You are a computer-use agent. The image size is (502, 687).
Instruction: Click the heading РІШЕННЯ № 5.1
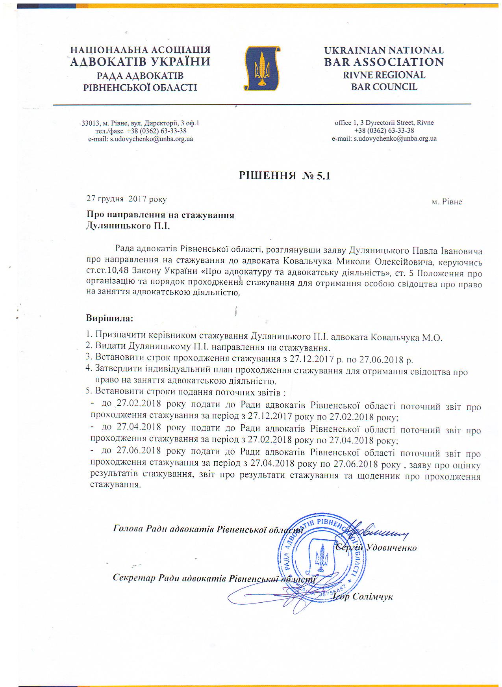pos(284,176)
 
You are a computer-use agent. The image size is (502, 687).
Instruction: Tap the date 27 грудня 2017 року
pos(126,199)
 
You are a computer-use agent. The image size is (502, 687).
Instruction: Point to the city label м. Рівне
pos(447,202)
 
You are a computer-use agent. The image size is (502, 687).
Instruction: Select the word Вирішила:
pos(109,318)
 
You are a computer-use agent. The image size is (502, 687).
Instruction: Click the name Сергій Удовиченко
pos(377,548)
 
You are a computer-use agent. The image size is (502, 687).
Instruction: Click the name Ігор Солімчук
pos(363,597)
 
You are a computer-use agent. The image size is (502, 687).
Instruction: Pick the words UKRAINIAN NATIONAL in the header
pos(384,50)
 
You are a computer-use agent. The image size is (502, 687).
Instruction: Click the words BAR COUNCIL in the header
pos(384,87)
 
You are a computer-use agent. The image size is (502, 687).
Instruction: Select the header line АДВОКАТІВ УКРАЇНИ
pos(140,62)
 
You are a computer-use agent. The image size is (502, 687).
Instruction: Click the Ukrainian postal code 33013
pos(91,123)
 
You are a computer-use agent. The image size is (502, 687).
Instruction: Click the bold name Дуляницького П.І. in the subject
pos(128,226)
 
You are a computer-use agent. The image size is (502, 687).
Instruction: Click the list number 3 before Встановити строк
pos(89,358)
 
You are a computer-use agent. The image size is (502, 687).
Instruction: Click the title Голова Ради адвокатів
pos(163,529)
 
